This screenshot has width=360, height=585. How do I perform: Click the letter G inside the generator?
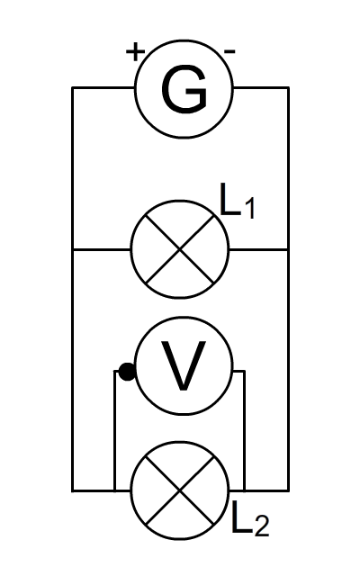tap(184, 89)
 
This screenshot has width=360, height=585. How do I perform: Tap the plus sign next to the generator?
tap(135, 51)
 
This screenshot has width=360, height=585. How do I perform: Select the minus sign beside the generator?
tap(229, 51)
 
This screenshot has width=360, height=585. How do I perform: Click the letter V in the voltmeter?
tap(184, 365)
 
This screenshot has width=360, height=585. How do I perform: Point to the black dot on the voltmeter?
tap(127, 372)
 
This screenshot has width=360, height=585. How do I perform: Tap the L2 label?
tap(250, 518)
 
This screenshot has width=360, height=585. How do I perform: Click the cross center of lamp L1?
tap(180, 249)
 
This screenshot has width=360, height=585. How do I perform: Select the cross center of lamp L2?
tap(180, 490)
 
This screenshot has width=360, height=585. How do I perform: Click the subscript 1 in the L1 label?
tap(249, 208)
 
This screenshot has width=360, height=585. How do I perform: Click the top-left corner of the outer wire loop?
tap(73, 88)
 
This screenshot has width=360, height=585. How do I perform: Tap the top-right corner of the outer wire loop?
tap(288, 88)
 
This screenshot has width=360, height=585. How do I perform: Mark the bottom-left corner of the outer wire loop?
tap(73, 490)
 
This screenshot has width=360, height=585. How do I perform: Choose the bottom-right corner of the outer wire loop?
tap(288, 490)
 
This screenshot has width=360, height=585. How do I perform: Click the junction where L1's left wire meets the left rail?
tap(73, 249)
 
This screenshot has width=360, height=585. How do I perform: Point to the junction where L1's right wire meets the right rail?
tap(288, 249)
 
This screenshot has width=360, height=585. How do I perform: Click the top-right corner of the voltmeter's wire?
tap(245, 372)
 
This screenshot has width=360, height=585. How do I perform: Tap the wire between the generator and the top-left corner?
tap(103, 88)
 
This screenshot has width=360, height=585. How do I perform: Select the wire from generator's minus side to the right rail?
tap(261, 88)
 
